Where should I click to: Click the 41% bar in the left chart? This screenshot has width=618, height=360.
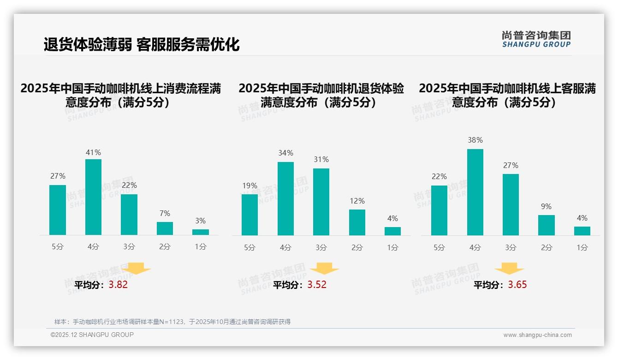point(93,197)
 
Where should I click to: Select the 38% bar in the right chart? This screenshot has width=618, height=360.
point(475,192)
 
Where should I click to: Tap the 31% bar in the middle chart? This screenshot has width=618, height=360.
point(321,202)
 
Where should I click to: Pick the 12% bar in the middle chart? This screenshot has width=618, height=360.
point(357,222)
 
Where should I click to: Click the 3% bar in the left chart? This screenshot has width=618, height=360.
point(201,232)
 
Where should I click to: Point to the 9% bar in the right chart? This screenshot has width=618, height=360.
point(546,225)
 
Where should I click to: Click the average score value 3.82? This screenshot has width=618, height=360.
point(118,285)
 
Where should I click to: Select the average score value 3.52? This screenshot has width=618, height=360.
point(317,285)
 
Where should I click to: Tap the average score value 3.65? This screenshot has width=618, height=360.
point(517,285)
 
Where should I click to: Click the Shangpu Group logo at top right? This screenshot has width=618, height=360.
point(536,39)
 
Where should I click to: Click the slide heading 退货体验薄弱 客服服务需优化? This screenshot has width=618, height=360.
point(142,45)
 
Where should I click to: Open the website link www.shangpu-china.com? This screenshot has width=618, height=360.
point(537,335)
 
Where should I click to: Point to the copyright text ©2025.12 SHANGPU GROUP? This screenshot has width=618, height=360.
point(92,335)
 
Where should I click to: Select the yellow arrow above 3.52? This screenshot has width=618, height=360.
point(324,269)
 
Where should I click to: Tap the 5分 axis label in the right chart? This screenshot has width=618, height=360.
point(439,247)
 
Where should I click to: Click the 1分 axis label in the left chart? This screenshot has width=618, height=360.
point(201,247)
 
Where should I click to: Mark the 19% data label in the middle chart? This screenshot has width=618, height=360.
point(250,186)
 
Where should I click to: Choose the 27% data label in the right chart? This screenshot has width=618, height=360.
point(511,165)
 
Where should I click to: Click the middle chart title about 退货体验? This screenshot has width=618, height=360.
point(321,95)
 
